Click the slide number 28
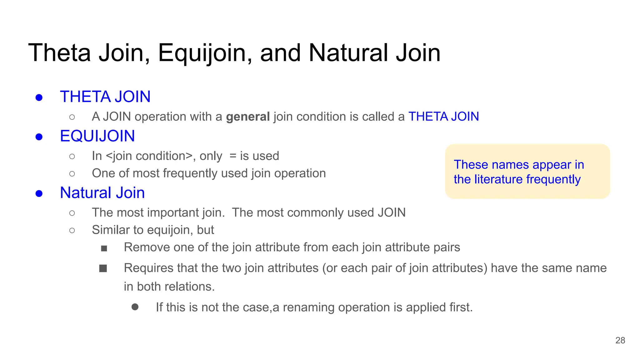pyautogui.click(x=620, y=340)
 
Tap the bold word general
pyautogui.click(x=248, y=117)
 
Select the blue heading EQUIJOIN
pyautogui.click(x=97, y=136)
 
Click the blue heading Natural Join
pyautogui.click(x=102, y=192)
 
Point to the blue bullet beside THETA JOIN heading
pyautogui.click(x=39, y=97)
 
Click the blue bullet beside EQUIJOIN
pyautogui.click(x=39, y=137)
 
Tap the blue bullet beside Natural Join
pyautogui.click(x=39, y=193)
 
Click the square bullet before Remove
pyautogui.click(x=104, y=248)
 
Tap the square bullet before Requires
pyautogui.click(x=103, y=268)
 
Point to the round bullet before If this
pyautogui.click(x=135, y=307)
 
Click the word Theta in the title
pyautogui.click(x=59, y=53)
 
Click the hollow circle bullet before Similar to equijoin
pyautogui.click(x=72, y=231)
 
